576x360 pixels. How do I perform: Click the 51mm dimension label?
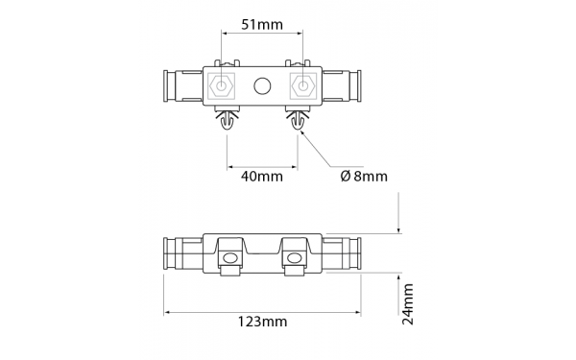262,25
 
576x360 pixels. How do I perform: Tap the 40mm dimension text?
262,177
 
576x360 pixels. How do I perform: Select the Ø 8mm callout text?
364,177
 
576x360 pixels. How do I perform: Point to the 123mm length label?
262,322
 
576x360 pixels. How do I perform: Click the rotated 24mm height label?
408,304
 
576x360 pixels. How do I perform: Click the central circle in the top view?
262,86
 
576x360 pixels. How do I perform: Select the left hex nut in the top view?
221,86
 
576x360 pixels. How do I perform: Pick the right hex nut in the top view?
302,86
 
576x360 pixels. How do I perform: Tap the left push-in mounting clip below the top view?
227,118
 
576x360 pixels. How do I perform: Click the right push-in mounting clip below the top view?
298,118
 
